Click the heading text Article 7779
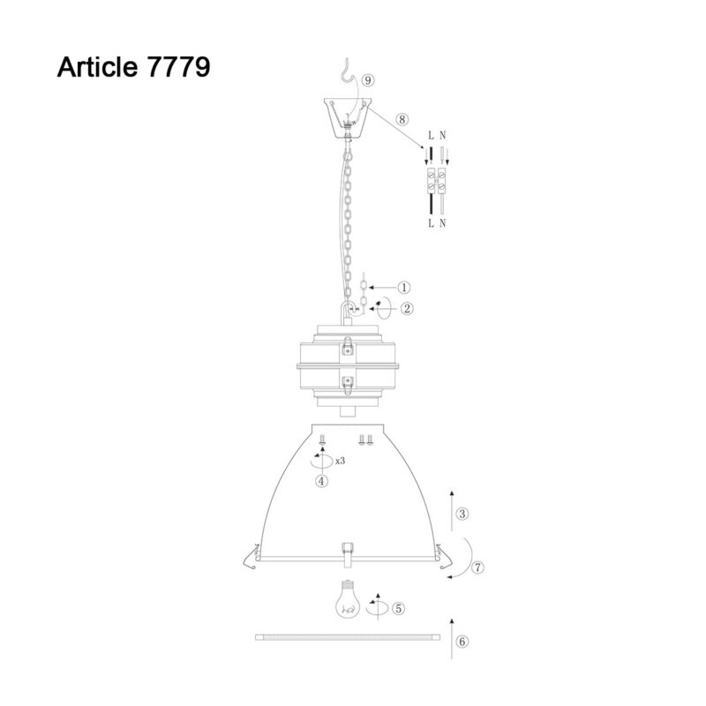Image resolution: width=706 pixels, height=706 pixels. point(134,67)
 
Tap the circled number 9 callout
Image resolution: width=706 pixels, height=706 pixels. point(368,80)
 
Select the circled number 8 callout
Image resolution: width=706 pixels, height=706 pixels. point(402,119)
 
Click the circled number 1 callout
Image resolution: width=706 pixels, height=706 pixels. point(404,288)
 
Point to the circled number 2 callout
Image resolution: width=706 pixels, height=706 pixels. point(407,308)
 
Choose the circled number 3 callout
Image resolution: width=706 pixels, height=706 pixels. point(462,514)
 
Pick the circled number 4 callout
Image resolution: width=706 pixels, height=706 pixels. point(321,481)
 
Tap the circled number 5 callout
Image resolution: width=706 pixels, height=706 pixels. point(399,608)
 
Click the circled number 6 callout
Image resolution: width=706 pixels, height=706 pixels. point(462,642)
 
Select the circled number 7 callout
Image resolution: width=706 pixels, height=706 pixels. point(477,567)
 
